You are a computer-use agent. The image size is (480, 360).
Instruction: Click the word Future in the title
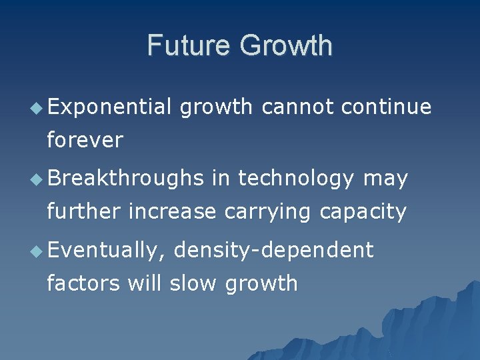pyautogui.click(x=190, y=45)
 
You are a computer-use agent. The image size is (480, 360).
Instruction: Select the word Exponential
pyautogui.click(x=109, y=107)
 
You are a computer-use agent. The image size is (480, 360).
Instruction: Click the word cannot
pyautogui.click(x=298, y=107)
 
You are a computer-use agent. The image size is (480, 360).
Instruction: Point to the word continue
pyautogui.click(x=385, y=107)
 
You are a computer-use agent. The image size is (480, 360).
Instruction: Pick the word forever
pyautogui.click(x=85, y=140)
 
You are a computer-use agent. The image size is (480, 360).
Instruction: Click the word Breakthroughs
pyautogui.click(x=125, y=179)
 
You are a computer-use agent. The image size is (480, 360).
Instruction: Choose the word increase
pyautogui.click(x=172, y=212)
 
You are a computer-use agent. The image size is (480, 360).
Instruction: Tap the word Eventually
pyautogui.click(x=105, y=251)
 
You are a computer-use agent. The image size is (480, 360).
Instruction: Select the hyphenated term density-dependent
pyautogui.click(x=273, y=251)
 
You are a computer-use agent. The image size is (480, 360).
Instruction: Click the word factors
pyautogui.click(x=83, y=283)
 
